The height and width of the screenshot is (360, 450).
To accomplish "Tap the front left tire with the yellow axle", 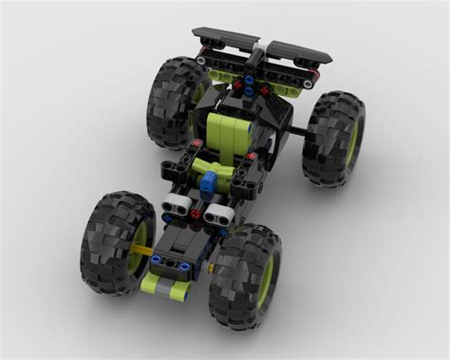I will click(116, 241).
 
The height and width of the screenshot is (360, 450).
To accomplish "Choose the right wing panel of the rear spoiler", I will click(298, 49).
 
